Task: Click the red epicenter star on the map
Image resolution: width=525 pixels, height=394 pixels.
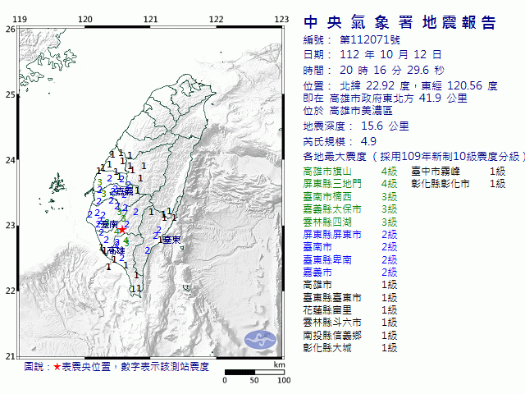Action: point(122,231)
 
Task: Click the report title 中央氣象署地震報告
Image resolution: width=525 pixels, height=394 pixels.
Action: point(399,21)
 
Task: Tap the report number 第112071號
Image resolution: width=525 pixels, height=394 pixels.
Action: point(365,39)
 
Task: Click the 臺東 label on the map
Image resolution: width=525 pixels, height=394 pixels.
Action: point(171,240)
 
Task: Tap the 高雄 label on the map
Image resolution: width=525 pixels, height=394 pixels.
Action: point(116,250)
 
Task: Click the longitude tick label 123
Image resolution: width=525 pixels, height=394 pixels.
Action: point(281,19)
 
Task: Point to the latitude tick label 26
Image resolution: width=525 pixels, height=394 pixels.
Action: point(10,29)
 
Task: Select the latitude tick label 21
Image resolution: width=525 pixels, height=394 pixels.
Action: point(10,355)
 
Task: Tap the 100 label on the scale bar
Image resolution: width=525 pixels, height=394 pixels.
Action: point(284,380)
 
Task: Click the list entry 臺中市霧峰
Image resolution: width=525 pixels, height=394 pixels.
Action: point(436,171)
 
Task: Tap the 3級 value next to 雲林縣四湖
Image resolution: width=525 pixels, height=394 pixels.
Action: point(389,222)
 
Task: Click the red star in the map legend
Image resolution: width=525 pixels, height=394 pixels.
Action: point(57,367)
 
